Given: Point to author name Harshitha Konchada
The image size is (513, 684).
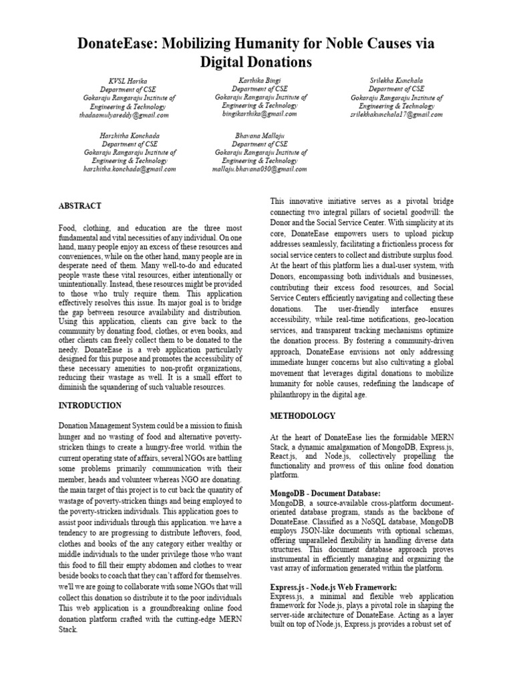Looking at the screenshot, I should pyautogui.click(x=129, y=135).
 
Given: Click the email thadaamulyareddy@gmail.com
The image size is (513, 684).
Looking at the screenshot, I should pyautogui.click(x=124, y=115).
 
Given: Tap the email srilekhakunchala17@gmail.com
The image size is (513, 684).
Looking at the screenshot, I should pyautogui.click(x=396, y=115).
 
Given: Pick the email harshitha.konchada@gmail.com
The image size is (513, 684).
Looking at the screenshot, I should pyautogui.click(x=130, y=170).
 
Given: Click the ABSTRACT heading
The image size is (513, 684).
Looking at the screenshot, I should pyautogui.click(x=79, y=206).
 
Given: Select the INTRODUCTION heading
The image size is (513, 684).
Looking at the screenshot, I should pyautogui.click(x=90, y=405).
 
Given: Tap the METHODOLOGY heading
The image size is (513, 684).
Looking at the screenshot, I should pyautogui.click(x=303, y=415).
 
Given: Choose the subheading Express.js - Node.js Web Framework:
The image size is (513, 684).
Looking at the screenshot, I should pyautogui.click(x=333, y=587).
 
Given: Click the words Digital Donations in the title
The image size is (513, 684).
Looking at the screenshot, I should pyautogui.click(x=256, y=63).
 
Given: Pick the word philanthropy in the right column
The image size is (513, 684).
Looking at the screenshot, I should pyautogui.click(x=294, y=394).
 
